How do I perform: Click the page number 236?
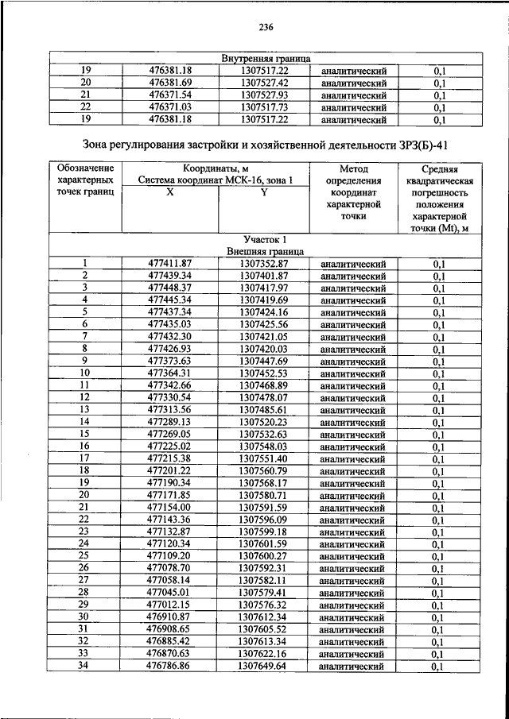266,28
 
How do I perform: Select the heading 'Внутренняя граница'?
266,59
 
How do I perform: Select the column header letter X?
169,193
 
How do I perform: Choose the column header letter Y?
263,193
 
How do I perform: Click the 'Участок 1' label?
265,239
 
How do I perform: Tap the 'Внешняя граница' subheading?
265,251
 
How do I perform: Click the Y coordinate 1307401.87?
263,276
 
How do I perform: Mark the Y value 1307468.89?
263,385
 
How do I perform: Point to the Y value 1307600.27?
263,556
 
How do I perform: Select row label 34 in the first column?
84,667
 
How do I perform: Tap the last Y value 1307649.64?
263,667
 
